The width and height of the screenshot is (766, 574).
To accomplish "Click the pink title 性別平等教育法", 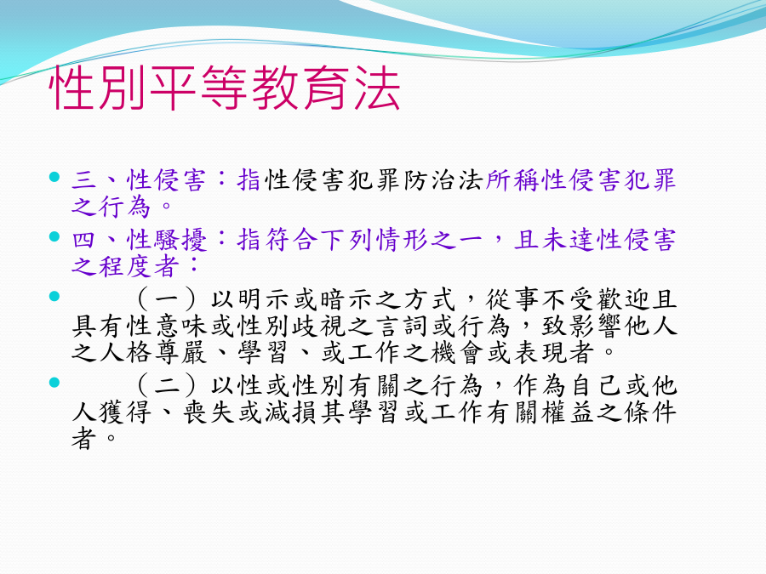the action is coord(225,88).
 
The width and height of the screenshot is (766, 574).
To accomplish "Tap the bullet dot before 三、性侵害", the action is coord(54,176).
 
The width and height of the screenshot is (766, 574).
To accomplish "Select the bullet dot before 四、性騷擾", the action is coord(54,236).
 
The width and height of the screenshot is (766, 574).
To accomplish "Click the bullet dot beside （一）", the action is coord(54,296).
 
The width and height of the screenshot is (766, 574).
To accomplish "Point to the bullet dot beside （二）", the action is coord(54,382).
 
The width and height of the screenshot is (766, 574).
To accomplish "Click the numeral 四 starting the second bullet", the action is coord(84,240).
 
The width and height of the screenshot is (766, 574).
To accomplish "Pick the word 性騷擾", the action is coord(167,240).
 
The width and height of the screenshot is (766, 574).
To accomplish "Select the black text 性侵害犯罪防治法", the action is coord(374,179).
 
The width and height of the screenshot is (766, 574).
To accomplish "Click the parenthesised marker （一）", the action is coord(167,299).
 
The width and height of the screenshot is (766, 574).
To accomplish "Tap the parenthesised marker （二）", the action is coord(167,385).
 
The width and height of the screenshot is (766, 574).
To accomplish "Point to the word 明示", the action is coord(264,299).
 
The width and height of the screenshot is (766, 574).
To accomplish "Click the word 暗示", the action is coord(347,299).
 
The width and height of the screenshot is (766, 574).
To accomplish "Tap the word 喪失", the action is coord(209,412).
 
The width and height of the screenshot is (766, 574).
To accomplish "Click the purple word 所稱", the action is coord(513,179).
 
